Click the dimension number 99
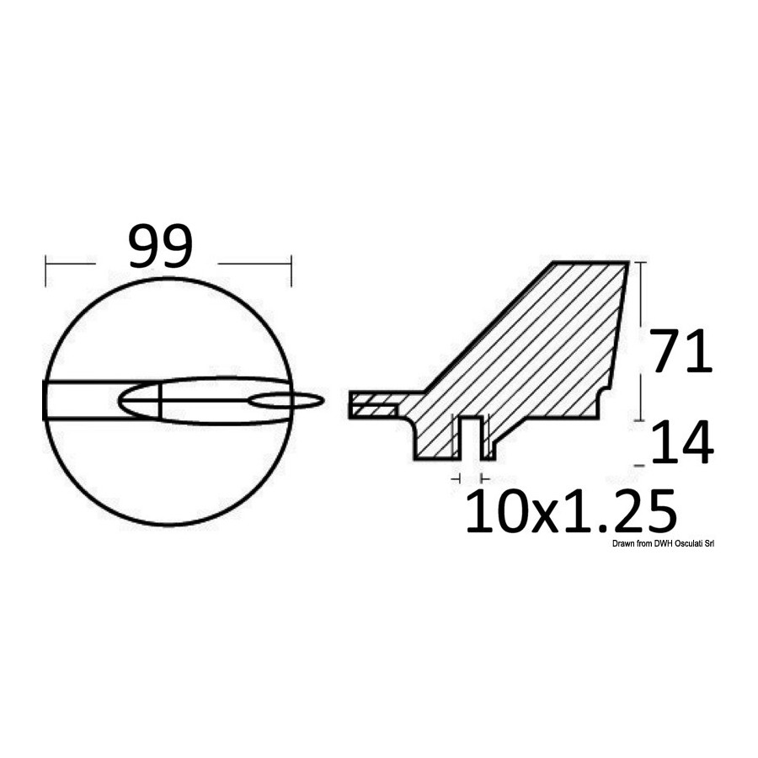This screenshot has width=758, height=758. click(161, 246)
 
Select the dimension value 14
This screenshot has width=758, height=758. click(682, 442)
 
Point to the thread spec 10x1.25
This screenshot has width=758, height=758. click(570, 511)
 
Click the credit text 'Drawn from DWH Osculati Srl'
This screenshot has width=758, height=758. click(663, 544)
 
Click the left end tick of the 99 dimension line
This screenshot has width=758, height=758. click(46, 270)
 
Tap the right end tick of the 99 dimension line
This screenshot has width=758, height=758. click(291, 270)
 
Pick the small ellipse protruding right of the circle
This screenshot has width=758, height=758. click(286, 401)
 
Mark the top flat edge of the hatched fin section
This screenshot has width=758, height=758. click(590, 263)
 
